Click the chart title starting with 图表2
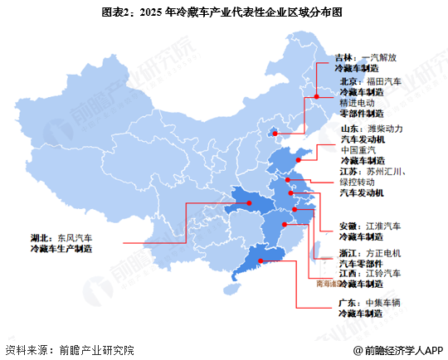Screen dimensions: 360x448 pos(224,12)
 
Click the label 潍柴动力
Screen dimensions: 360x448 pos(385,129)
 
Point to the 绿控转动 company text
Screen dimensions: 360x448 pos(358,182)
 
